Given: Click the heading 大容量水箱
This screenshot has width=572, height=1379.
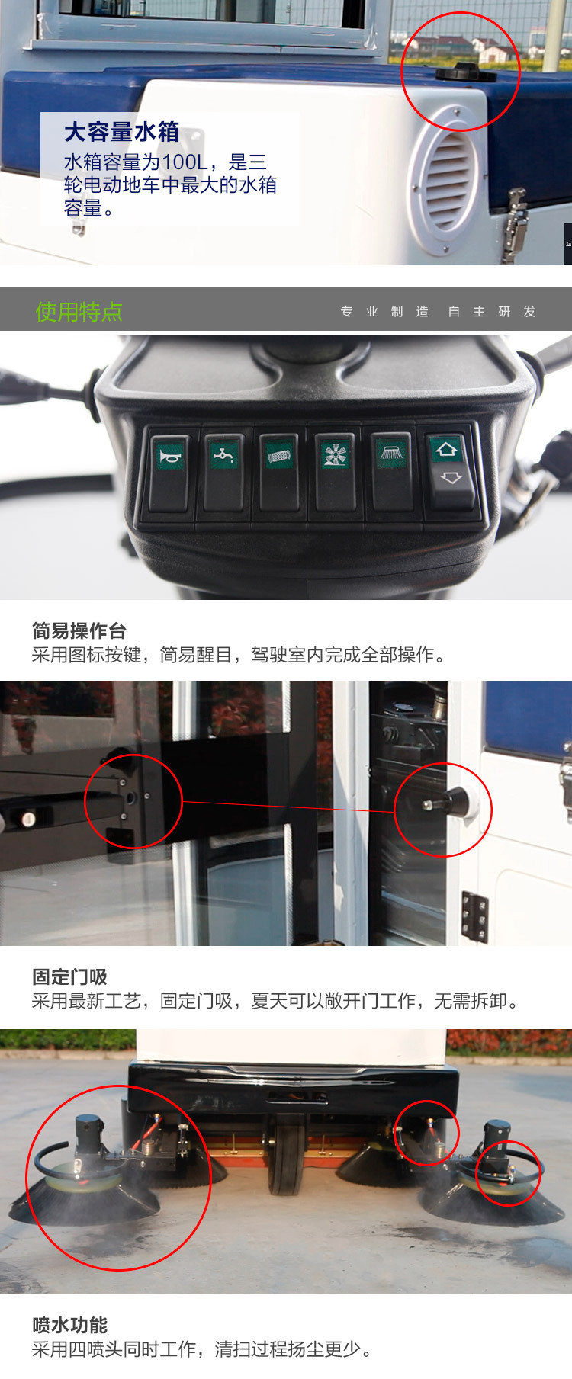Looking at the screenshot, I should point(121,132).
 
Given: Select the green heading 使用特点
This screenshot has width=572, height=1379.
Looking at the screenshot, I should point(79,311).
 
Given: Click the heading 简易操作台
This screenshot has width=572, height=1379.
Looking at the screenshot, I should point(79,630).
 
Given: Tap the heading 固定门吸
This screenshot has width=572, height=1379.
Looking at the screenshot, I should point(69,977).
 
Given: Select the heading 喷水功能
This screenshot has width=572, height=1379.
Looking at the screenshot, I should point(69,1325).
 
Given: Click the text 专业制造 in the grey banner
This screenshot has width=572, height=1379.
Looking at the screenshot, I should point(384,312).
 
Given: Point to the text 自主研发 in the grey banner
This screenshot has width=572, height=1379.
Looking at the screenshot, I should point(492,312).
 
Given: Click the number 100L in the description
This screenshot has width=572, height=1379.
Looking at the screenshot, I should point(184,162).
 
